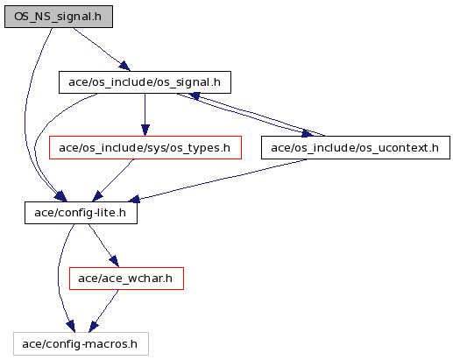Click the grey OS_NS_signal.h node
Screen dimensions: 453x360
59,17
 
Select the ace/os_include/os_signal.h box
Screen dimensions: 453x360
145,82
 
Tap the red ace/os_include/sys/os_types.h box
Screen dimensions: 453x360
145,148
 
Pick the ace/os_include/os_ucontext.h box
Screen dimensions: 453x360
356,148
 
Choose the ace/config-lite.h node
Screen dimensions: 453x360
81,213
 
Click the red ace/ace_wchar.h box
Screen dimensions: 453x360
126,279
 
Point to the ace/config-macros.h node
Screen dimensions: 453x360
81,344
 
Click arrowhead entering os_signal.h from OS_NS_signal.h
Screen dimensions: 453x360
124,66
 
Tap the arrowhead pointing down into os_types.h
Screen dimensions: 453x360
145,131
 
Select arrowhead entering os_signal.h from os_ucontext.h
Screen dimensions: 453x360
194,95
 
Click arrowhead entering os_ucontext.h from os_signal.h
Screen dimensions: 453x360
308,134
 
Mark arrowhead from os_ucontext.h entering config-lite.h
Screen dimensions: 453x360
134,199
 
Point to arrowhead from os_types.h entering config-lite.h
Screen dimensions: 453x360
97,196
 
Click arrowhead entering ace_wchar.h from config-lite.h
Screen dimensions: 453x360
115,261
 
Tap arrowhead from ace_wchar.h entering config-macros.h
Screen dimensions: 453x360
93,327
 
